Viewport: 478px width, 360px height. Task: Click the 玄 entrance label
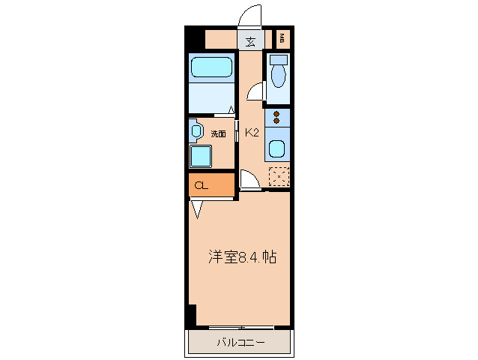(249, 41)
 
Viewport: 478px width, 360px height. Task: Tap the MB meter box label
(282, 38)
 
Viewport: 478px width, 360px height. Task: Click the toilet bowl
(279, 76)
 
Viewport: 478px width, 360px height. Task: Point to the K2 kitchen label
(252, 133)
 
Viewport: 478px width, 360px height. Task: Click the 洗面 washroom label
(218, 134)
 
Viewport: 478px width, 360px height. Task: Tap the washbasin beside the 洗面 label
(196, 131)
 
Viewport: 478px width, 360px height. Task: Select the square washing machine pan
(201, 155)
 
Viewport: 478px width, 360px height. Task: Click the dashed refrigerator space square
(279, 175)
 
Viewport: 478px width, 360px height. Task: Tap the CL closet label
(202, 185)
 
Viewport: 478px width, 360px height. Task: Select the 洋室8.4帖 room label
(242, 257)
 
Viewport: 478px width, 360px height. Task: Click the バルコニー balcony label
(240, 343)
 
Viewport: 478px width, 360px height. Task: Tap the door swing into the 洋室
(249, 180)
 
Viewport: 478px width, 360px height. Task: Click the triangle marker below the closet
(197, 208)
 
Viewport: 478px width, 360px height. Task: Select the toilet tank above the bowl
(279, 59)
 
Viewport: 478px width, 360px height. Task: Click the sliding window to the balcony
(240, 327)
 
